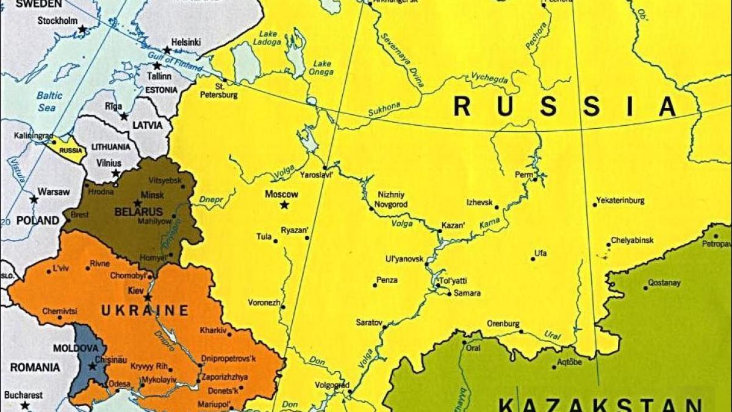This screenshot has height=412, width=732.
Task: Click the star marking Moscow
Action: coord(284,205)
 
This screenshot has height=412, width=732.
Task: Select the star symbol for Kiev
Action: coord(148,297)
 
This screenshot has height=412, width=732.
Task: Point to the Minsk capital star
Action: coord(138,203)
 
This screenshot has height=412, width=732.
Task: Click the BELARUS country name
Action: coord(138,212)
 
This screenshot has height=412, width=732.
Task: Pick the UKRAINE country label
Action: coord(145,311)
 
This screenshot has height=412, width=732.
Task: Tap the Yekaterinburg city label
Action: coord(619,200)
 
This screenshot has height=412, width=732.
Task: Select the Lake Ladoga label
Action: coord(270,38)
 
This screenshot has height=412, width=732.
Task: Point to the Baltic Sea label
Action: coord(49,101)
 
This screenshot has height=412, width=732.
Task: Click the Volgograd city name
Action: coord(332,385)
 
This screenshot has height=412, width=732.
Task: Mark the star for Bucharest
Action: coord(25,405)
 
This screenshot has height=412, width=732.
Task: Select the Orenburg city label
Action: coord(503,323)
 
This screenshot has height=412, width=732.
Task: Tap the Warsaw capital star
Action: coord(34,199)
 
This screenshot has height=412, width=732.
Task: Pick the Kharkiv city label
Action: coord(213,331)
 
